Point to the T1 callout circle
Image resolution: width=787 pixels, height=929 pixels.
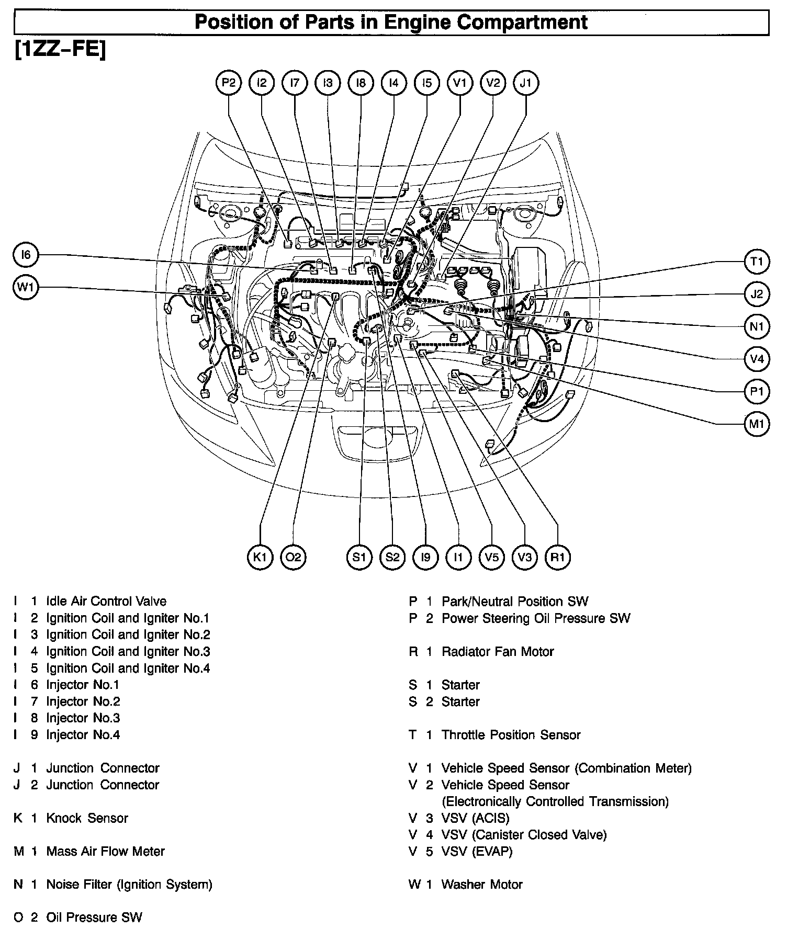(757, 262)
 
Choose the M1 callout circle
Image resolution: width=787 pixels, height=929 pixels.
(757, 424)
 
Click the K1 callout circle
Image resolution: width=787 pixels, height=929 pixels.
(260, 557)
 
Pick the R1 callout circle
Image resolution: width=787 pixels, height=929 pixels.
(558, 557)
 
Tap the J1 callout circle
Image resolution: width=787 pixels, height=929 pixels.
(526, 83)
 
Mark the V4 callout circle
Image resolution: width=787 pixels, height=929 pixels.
(757, 359)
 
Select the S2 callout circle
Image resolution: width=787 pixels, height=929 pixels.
(392, 557)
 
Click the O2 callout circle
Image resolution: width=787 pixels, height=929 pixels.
(293, 557)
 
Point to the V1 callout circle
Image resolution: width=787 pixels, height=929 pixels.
(460, 83)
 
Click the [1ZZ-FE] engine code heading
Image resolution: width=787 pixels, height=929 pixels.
(60, 50)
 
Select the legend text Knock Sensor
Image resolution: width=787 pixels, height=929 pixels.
(87, 818)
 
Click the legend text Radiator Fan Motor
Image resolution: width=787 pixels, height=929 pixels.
(497, 652)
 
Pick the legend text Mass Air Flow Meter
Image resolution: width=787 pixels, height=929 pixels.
(105, 852)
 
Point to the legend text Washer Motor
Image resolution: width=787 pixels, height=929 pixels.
(482, 885)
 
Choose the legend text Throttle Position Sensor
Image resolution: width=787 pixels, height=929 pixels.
(511, 735)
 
